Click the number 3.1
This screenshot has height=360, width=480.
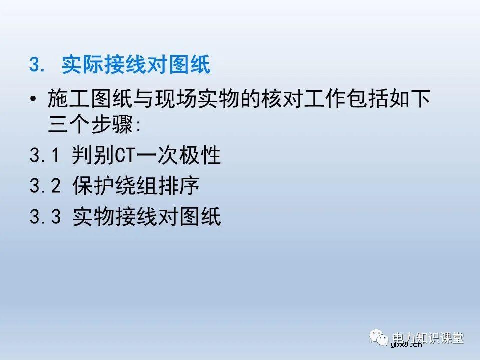[x=45, y=156]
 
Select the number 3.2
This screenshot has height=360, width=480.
[x=45, y=186]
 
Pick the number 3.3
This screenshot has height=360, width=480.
[x=45, y=217]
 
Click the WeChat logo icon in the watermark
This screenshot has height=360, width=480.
[x=379, y=338]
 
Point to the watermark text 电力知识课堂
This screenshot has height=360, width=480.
[x=428, y=337]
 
